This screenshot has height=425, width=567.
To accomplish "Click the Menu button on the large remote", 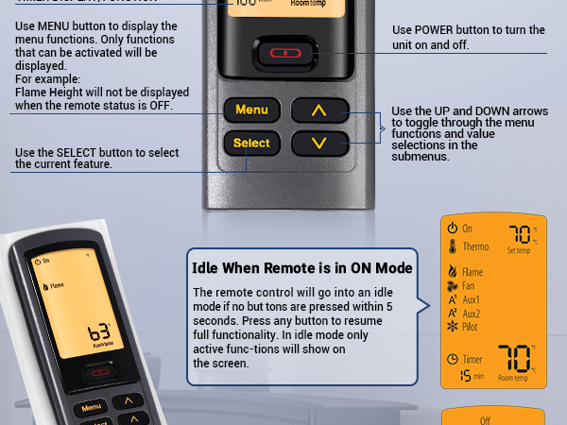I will tap(252, 110).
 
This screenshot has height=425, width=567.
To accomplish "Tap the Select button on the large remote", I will tap(252, 144).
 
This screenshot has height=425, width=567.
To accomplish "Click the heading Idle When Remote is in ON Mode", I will tap(302, 268).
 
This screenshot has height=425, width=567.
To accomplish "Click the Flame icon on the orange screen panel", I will tap(452, 272).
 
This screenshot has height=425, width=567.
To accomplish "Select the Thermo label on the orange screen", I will tap(475, 246).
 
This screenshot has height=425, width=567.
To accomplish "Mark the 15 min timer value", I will tap(466, 376).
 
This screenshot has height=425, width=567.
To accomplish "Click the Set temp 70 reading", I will tap(520, 234).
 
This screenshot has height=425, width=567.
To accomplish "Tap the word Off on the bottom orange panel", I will tap(485, 421).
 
